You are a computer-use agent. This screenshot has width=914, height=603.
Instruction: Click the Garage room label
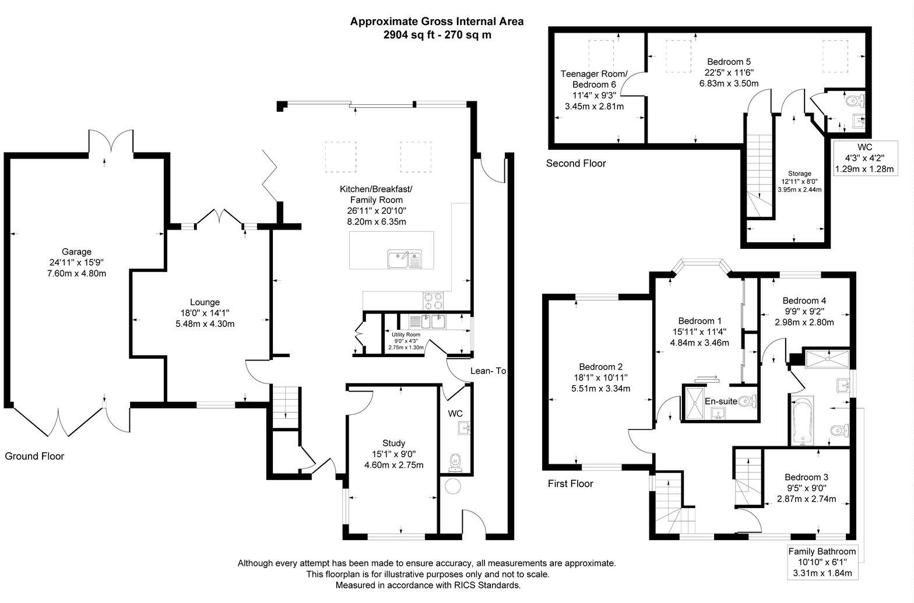click(77, 252)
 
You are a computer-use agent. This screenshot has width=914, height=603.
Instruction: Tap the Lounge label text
click(205, 302)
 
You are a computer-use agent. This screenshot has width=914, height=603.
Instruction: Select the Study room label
click(393, 443)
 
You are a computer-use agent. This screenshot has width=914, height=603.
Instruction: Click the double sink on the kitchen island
click(405, 259)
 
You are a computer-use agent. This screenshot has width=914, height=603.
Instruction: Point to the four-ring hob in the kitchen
click(433, 301)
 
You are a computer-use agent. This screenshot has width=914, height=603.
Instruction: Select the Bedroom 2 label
click(600, 366)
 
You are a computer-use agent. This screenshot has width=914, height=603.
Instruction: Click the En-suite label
click(720, 401)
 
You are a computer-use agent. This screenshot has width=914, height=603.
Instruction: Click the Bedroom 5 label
click(729, 61)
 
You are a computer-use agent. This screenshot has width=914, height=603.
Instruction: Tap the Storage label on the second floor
click(799, 174)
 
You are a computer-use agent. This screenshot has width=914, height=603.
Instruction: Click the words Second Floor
click(575, 164)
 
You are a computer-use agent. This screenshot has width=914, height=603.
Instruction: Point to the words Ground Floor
click(34, 456)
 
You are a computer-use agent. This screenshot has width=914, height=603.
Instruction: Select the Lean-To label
click(488, 371)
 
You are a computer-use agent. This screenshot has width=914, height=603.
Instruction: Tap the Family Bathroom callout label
click(822, 551)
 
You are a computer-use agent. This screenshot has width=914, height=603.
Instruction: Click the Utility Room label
click(406, 334)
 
